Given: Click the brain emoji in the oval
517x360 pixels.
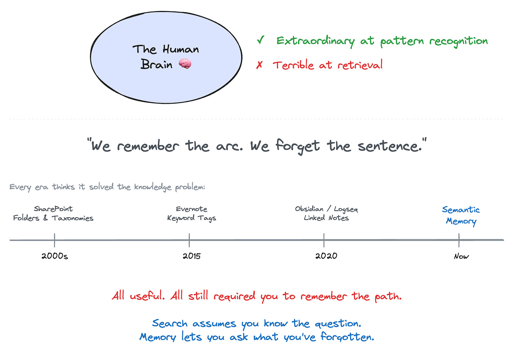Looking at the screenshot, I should [185, 64].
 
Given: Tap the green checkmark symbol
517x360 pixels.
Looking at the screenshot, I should [261, 40].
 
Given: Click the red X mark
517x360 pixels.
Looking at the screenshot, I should [260, 65].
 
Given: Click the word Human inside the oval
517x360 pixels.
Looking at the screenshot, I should [181, 49].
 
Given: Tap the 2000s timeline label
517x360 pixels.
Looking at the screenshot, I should [55, 256].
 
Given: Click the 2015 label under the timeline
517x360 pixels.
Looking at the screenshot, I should [191, 256].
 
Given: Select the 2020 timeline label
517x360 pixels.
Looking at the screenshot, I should [326, 256].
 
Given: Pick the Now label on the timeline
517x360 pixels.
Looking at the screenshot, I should [461, 257].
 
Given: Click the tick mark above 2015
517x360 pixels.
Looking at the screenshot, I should [189, 240].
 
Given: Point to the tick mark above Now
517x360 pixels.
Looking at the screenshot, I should [459, 240].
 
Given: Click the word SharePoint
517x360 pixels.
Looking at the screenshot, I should [53, 209].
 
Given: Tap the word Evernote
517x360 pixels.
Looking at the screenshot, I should [191, 209].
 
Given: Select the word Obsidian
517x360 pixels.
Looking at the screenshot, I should [309, 209].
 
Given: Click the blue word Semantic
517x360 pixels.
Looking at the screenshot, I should [461, 210].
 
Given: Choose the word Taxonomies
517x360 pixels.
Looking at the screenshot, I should [72, 218].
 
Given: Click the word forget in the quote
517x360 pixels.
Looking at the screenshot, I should [298, 146].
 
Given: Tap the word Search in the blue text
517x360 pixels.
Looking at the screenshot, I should [169, 323].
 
